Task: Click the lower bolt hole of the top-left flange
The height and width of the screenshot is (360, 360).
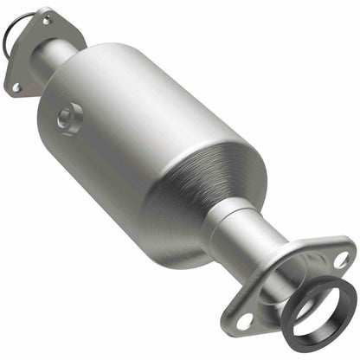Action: [16, 87]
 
